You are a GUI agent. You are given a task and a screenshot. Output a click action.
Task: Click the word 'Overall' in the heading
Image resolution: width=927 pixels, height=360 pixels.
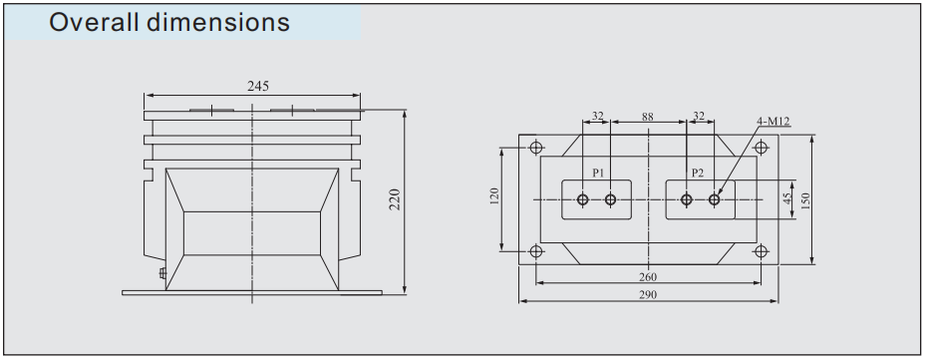[x=94, y=22]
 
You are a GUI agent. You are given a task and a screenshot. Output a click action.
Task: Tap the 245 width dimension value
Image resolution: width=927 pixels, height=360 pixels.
[x=257, y=87]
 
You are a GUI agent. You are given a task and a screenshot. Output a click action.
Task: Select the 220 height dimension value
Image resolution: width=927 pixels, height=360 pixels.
[x=395, y=200]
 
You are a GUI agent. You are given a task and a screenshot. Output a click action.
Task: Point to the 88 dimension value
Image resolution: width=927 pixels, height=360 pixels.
[x=648, y=117]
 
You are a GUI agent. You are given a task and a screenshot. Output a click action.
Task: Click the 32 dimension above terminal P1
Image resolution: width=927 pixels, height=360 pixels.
[x=597, y=117]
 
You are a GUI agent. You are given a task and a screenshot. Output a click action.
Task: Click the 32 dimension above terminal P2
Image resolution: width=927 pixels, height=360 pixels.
[x=699, y=117]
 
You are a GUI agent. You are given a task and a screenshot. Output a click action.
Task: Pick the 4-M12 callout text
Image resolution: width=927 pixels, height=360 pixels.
[x=772, y=122]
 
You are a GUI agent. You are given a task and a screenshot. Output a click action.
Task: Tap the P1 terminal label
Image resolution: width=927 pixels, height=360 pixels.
[x=597, y=174]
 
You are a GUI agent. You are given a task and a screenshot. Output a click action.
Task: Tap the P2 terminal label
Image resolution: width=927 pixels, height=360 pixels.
[x=698, y=174]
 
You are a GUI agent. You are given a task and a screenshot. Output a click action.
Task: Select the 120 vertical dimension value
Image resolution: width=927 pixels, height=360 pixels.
[x=494, y=198]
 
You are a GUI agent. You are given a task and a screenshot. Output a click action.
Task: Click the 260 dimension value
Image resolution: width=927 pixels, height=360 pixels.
[x=648, y=276]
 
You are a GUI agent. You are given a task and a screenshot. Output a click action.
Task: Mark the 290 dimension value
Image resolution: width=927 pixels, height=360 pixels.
[x=648, y=294]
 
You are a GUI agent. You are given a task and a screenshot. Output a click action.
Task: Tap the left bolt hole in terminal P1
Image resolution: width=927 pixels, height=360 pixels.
[x=583, y=200]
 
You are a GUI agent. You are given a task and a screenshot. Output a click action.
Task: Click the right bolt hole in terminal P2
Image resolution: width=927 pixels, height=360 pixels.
[x=714, y=200]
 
